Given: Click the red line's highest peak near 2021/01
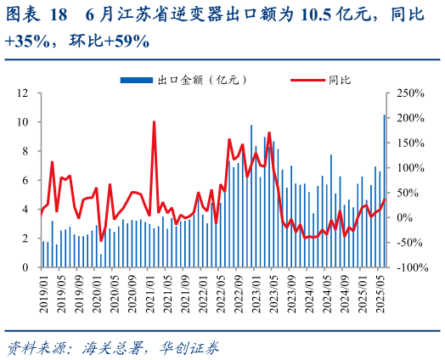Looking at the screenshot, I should (154, 122).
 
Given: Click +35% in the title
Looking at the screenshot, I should (25, 41).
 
